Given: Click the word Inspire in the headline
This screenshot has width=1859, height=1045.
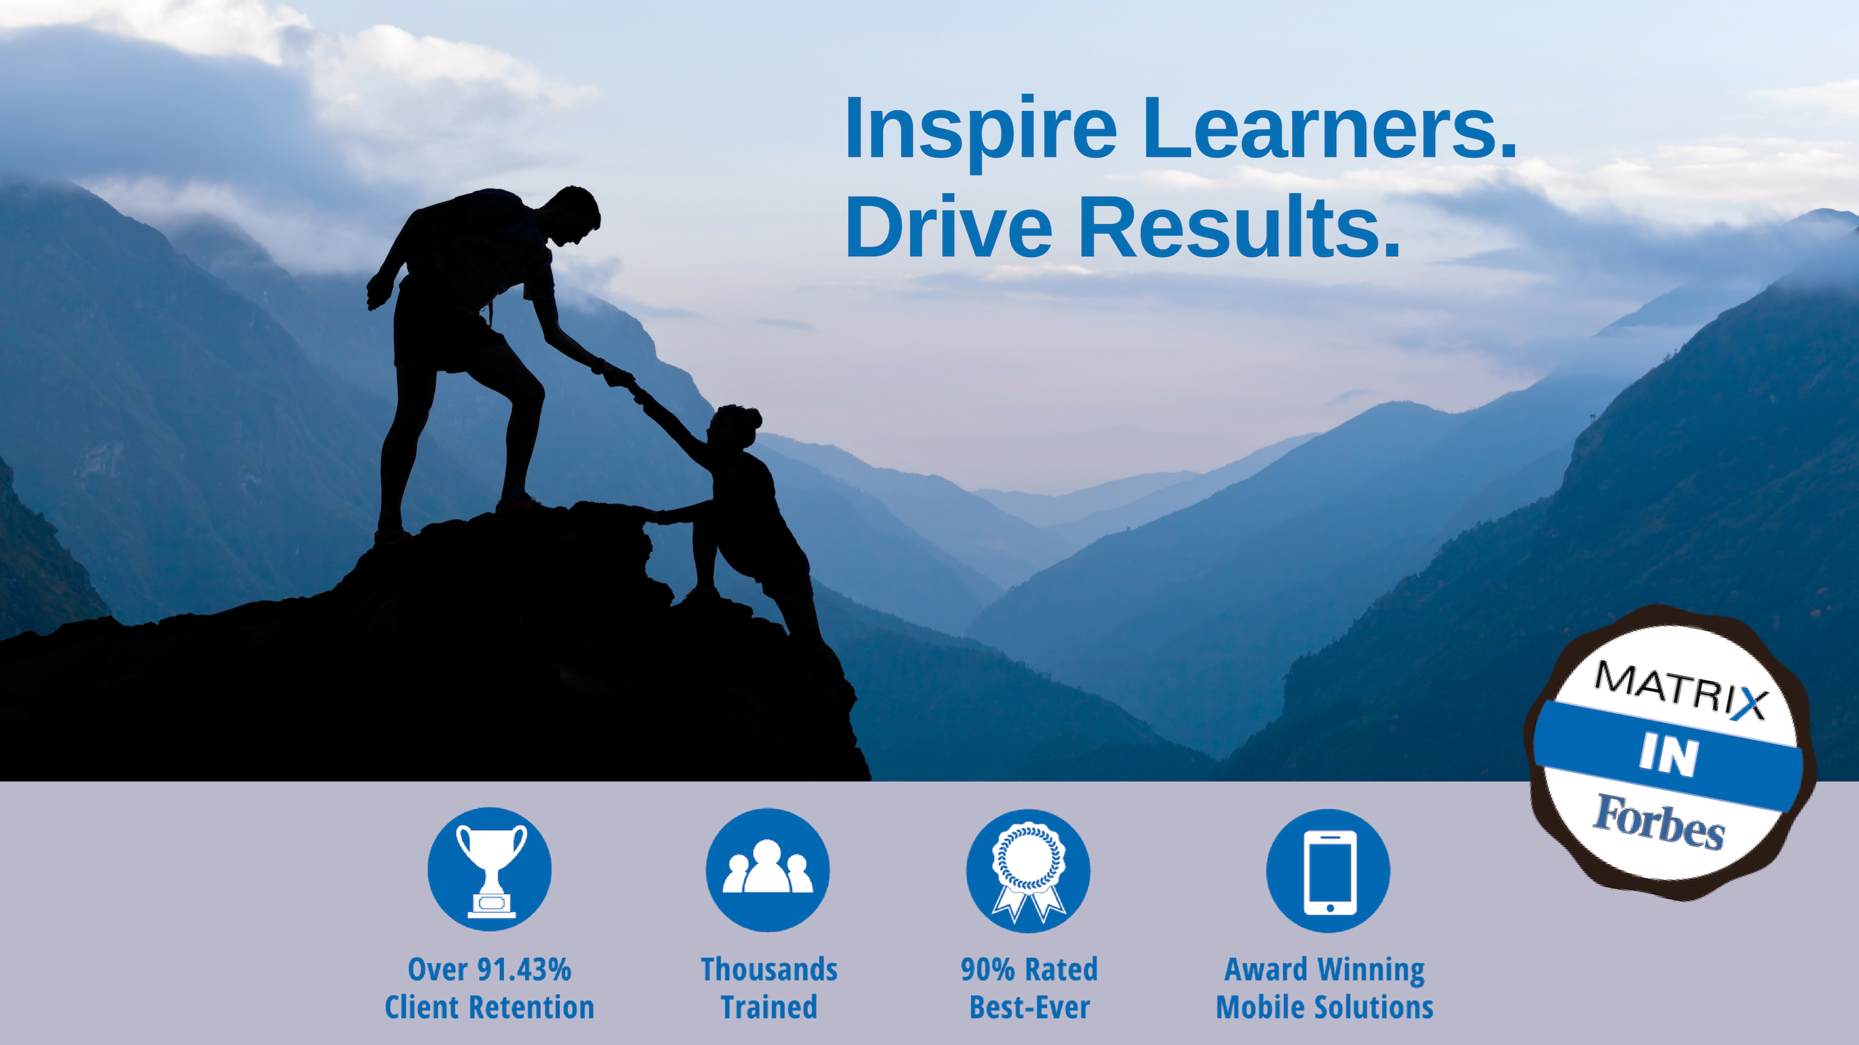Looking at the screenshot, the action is [x=980, y=131].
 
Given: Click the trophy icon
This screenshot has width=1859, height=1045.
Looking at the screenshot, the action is [x=490, y=869].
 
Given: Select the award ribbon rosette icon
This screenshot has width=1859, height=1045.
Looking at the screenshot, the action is [x=1028, y=871].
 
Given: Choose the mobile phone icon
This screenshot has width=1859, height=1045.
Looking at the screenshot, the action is [x=1329, y=872].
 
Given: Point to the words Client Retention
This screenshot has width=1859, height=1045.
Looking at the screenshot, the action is [x=489, y=1007].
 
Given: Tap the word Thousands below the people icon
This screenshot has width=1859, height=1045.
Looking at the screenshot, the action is [x=769, y=970].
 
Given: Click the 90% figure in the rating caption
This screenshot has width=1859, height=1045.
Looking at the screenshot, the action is [x=988, y=970].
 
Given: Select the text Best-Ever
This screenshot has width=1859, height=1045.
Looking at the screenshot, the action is [x=1030, y=1007].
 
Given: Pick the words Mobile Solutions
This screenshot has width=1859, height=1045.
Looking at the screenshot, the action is [x=1325, y=1007].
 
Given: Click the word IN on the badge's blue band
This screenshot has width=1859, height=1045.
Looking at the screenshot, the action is [x=1669, y=755].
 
